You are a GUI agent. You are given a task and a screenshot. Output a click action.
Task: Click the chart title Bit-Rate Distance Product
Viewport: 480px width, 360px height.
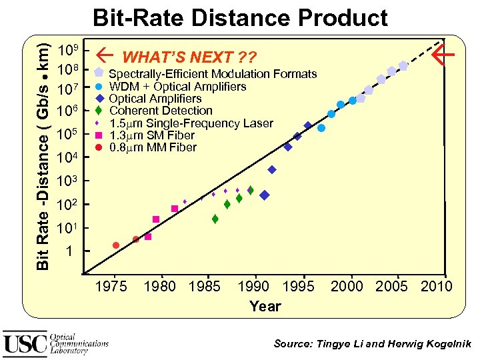pyautogui.click(x=240, y=18)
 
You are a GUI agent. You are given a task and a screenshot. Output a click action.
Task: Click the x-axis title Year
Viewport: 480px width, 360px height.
pyautogui.click(x=265, y=307)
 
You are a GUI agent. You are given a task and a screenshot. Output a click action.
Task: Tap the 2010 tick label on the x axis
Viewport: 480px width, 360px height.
pyautogui.click(x=436, y=287)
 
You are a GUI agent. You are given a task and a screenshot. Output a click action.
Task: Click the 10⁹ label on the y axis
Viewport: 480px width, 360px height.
pyautogui.click(x=69, y=51)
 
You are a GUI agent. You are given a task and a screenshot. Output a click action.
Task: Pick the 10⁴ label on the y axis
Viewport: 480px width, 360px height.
pyautogui.click(x=69, y=158)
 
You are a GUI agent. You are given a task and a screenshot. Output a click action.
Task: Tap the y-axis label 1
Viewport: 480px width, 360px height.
pyautogui.click(x=69, y=252)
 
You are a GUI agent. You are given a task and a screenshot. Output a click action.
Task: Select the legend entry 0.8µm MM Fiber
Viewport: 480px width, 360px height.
pyautogui.click(x=153, y=147)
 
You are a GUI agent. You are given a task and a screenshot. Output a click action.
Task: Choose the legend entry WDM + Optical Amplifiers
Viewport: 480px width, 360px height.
pyautogui.click(x=177, y=87)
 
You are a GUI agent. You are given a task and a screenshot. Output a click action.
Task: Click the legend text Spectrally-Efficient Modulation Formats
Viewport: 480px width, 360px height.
pyautogui.click(x=213, y=74)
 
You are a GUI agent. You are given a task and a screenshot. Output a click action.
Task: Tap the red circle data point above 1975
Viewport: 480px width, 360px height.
pyautogui.click(x=116, y=245)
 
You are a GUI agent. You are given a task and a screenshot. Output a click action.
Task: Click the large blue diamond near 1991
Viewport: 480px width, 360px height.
pyautogui.click(x=264, y=195)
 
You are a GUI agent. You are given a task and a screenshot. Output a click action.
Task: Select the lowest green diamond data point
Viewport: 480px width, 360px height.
pyautogui.click(x=215, y=219)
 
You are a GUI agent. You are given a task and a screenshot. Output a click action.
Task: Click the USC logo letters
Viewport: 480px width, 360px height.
pyautogui.click(x=25, y=343)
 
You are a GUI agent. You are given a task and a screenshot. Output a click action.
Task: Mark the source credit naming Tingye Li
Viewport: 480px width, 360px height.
pyautogui.click(x=373, y=344)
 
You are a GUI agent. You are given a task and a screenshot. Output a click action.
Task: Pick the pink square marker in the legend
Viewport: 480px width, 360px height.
pyautogui.click(x=99, y=135)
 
